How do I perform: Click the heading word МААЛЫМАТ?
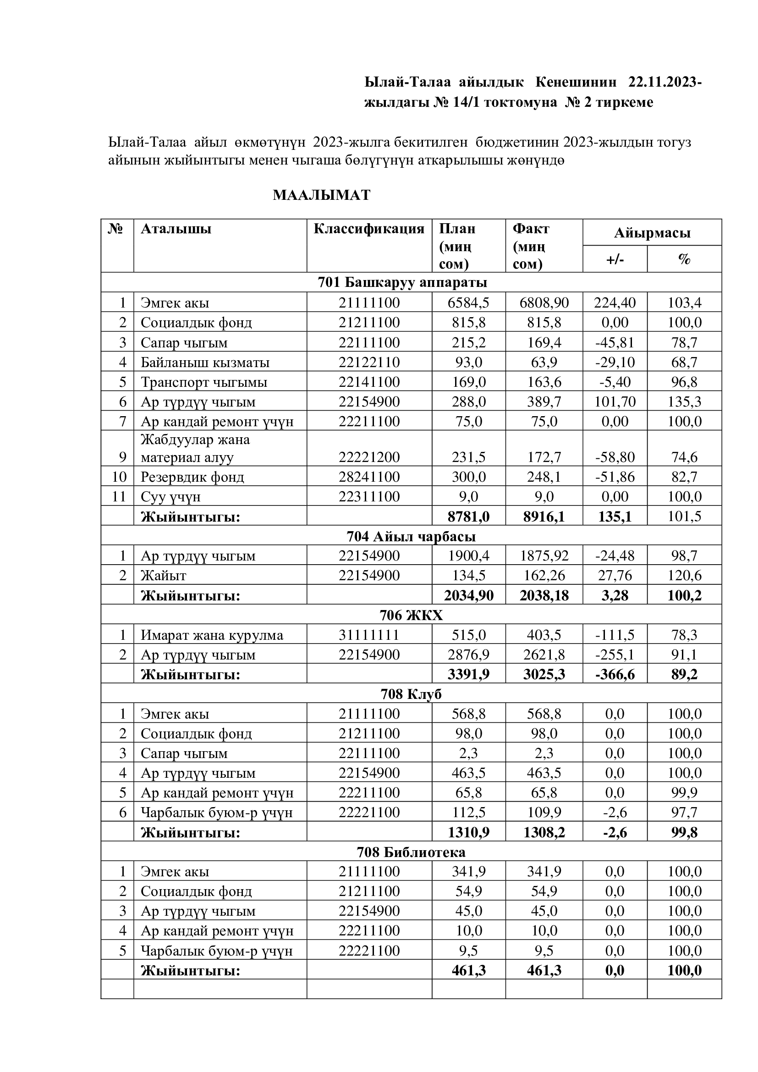tap(321, 195)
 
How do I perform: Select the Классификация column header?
tap(369, 229)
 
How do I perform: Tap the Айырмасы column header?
tap(652, 233)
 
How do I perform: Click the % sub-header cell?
tap(684, 259)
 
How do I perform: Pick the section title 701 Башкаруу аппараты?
tap(402, 282)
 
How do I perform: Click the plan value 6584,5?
tap(468, 303)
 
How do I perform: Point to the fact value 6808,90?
tap(544, 303)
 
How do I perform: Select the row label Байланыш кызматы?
tap(205, 363)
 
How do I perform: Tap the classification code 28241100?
tap(369, 477)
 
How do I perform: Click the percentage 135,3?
tap(684, 402)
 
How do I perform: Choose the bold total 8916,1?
tap(544, 517)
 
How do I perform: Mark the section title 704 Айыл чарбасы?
tap(411, 537)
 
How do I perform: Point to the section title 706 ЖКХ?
tap(411, 616)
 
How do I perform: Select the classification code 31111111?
tap(369, 635)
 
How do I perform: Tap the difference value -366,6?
tap(615, 675)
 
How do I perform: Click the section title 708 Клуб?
tap(411, 694)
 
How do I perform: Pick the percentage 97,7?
tap(684, 813)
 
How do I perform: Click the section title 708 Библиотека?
tap(411, 852)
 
